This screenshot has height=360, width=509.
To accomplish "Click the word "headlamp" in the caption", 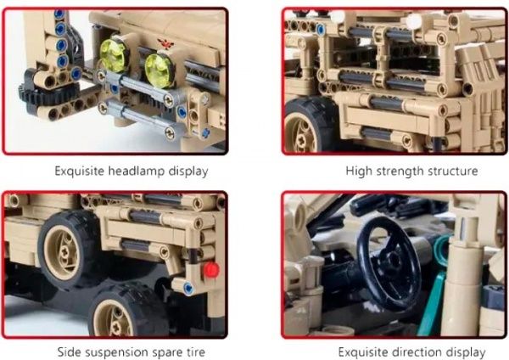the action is (x=137, y=171).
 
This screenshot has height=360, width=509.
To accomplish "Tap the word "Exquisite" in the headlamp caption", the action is (x=80, y=171).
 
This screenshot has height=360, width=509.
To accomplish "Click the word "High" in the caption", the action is (x=359, y=171).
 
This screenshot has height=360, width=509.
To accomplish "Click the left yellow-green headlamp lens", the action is (x=113, y=56).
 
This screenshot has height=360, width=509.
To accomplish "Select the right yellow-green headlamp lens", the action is (x=158, y=71).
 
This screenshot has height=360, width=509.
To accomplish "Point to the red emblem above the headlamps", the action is (x=165, y=43).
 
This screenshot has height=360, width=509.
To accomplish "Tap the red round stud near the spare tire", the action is (x=211, y=270).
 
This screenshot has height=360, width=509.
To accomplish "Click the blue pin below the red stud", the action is (x=188, y=288).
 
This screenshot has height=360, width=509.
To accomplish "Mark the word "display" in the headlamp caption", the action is (x=188, y=171).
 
